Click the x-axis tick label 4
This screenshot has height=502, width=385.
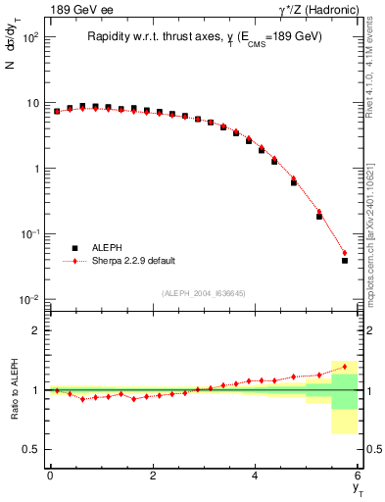click(255, 475)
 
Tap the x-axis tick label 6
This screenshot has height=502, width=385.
click(358, 475)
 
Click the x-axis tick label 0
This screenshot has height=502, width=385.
click(50, 475)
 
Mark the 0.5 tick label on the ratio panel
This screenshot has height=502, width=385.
click(31, 449)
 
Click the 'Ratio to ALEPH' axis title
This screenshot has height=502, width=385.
click(13, 389)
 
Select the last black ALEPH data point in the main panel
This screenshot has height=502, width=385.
click(344, 261)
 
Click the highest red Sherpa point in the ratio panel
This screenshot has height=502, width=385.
click(344, 367)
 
